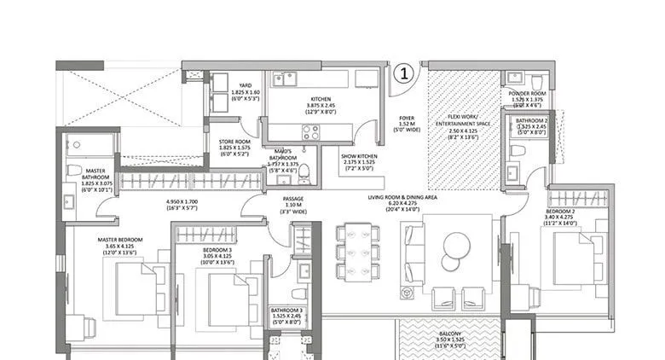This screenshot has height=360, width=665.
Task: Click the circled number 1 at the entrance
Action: (405, 73)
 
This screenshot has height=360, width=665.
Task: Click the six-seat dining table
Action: (358, 251)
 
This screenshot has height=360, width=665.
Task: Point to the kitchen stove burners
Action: (310, 132)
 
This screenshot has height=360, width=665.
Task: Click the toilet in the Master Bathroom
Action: (74, 168)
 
